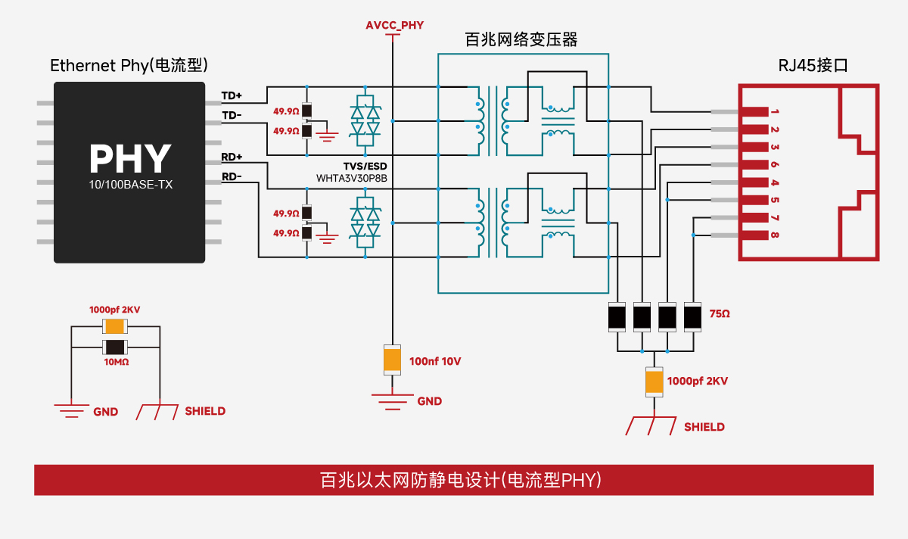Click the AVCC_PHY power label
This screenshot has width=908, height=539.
tap(394, 25)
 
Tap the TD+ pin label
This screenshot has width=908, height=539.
tap(232, 96)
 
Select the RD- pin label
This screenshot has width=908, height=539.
tap(232, 177)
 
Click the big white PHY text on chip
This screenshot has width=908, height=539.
tap(129, 158)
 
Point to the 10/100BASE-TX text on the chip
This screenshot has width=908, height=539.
tap(129, 185)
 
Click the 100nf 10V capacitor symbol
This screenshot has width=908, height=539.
tap(392, 359)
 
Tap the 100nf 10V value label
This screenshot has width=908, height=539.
tap(435, 361)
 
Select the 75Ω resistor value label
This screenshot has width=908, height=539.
tap(720, 313)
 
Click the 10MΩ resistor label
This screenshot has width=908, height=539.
tap(115, 363)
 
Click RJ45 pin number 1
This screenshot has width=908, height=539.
tap(775, 112)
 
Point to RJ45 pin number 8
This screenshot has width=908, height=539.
tap(775, 235)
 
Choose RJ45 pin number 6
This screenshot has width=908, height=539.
tap(775, 165)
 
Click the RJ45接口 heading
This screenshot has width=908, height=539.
tap(813, 65)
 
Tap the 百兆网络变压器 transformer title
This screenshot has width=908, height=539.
tap(521, 40)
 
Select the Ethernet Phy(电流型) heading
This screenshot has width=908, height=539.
tap(129, 65)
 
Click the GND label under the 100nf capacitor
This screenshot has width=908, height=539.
tap(429, 401)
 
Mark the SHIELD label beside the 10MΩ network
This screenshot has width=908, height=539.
tap(205, 411)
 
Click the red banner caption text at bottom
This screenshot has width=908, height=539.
tap(454, 480)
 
